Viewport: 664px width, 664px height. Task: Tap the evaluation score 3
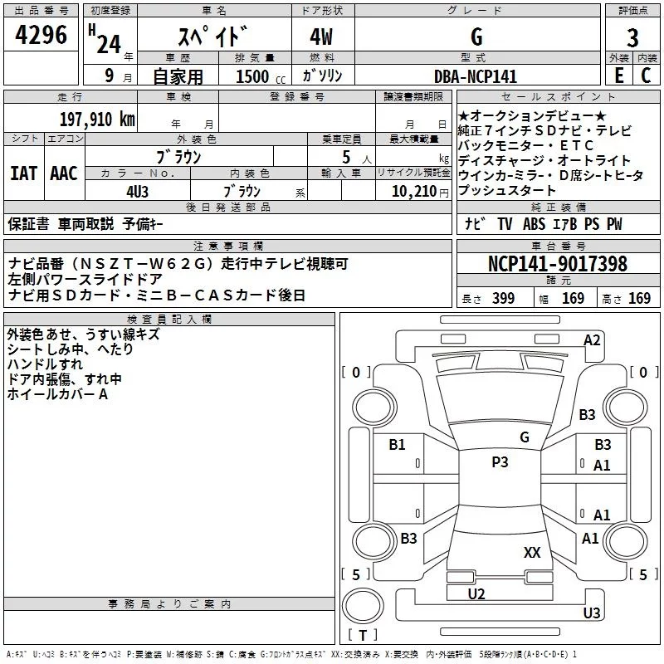[632, 38]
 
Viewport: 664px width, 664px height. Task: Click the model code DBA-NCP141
[476, 76]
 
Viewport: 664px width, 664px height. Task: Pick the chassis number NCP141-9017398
[558, 264]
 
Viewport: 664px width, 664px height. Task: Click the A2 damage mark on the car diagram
[592, 339]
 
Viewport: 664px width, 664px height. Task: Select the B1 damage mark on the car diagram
[398, 445]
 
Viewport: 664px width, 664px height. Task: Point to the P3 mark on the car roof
[500, 462]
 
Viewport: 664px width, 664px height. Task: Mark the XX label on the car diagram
[532, 552]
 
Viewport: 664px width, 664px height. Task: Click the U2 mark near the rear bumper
[476, 593]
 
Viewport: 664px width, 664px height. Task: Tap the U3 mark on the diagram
[591, 613]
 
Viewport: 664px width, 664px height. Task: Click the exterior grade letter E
[618, 76]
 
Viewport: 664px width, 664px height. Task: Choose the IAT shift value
[23, 173]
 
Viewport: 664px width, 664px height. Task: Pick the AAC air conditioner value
[63, 173]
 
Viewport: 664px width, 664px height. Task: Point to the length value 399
[503, 299]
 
